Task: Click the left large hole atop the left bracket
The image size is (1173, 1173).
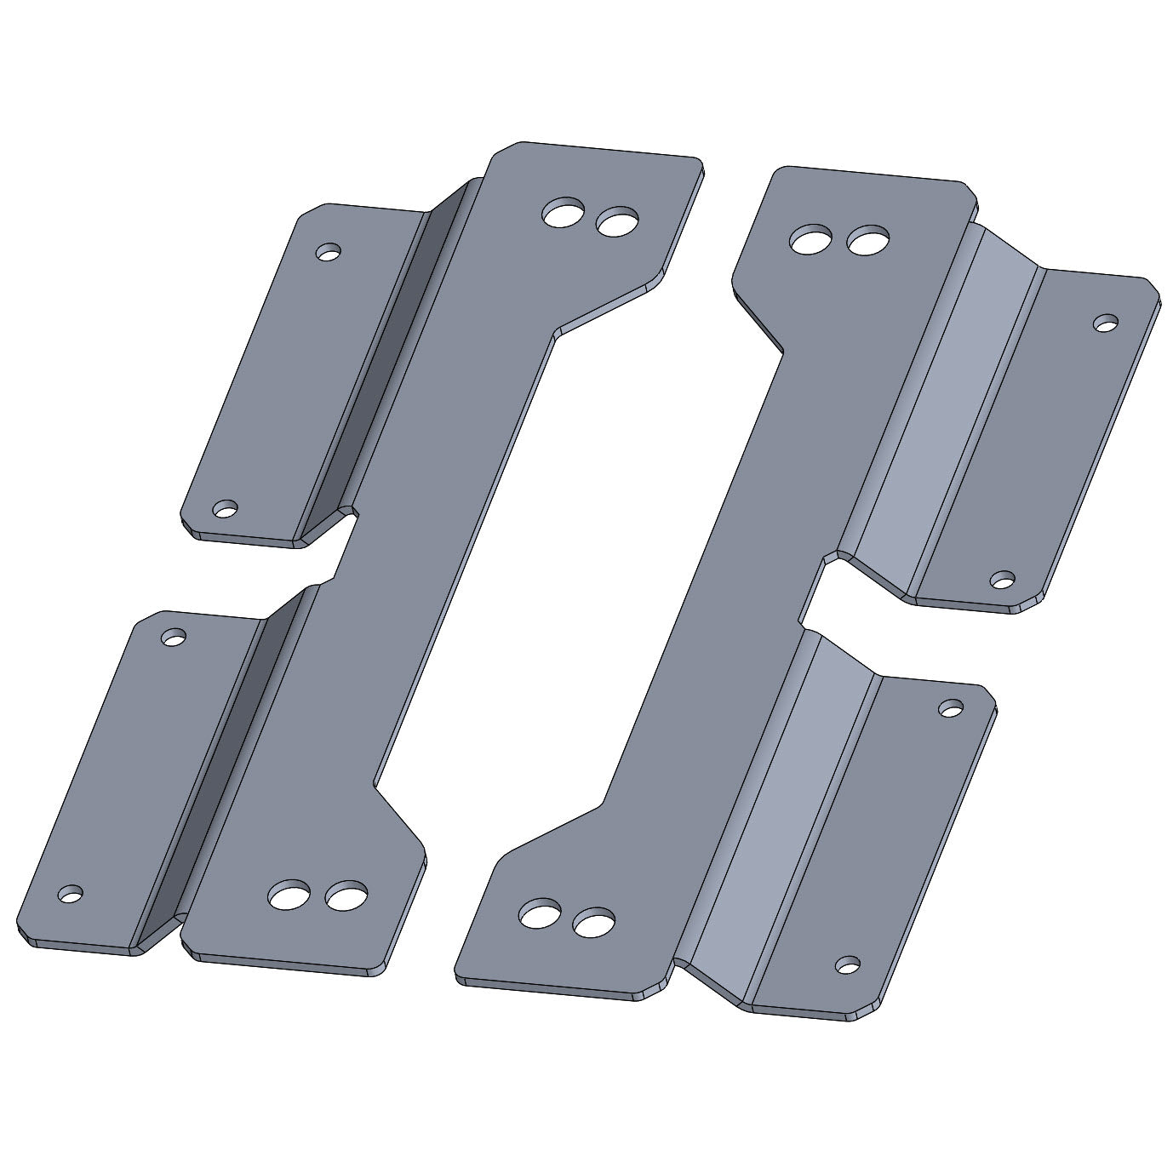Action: click(x=564, y=213)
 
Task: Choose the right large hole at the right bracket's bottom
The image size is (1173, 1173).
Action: click(x=593, y=921)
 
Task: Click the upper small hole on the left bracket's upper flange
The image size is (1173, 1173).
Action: click(x=328, y=252)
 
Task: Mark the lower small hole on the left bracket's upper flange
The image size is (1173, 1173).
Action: click(x=225, y=509)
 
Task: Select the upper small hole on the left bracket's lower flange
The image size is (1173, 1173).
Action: click(x=174, y=636)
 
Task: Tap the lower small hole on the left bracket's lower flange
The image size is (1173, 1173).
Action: click(x=71, y=894)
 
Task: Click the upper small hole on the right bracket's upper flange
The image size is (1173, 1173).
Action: click(x=1106, y=323)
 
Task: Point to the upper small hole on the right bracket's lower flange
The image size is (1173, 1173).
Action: click(x=951, y=707)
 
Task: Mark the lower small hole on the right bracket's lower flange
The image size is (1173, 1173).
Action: click(x=847, y=964)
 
